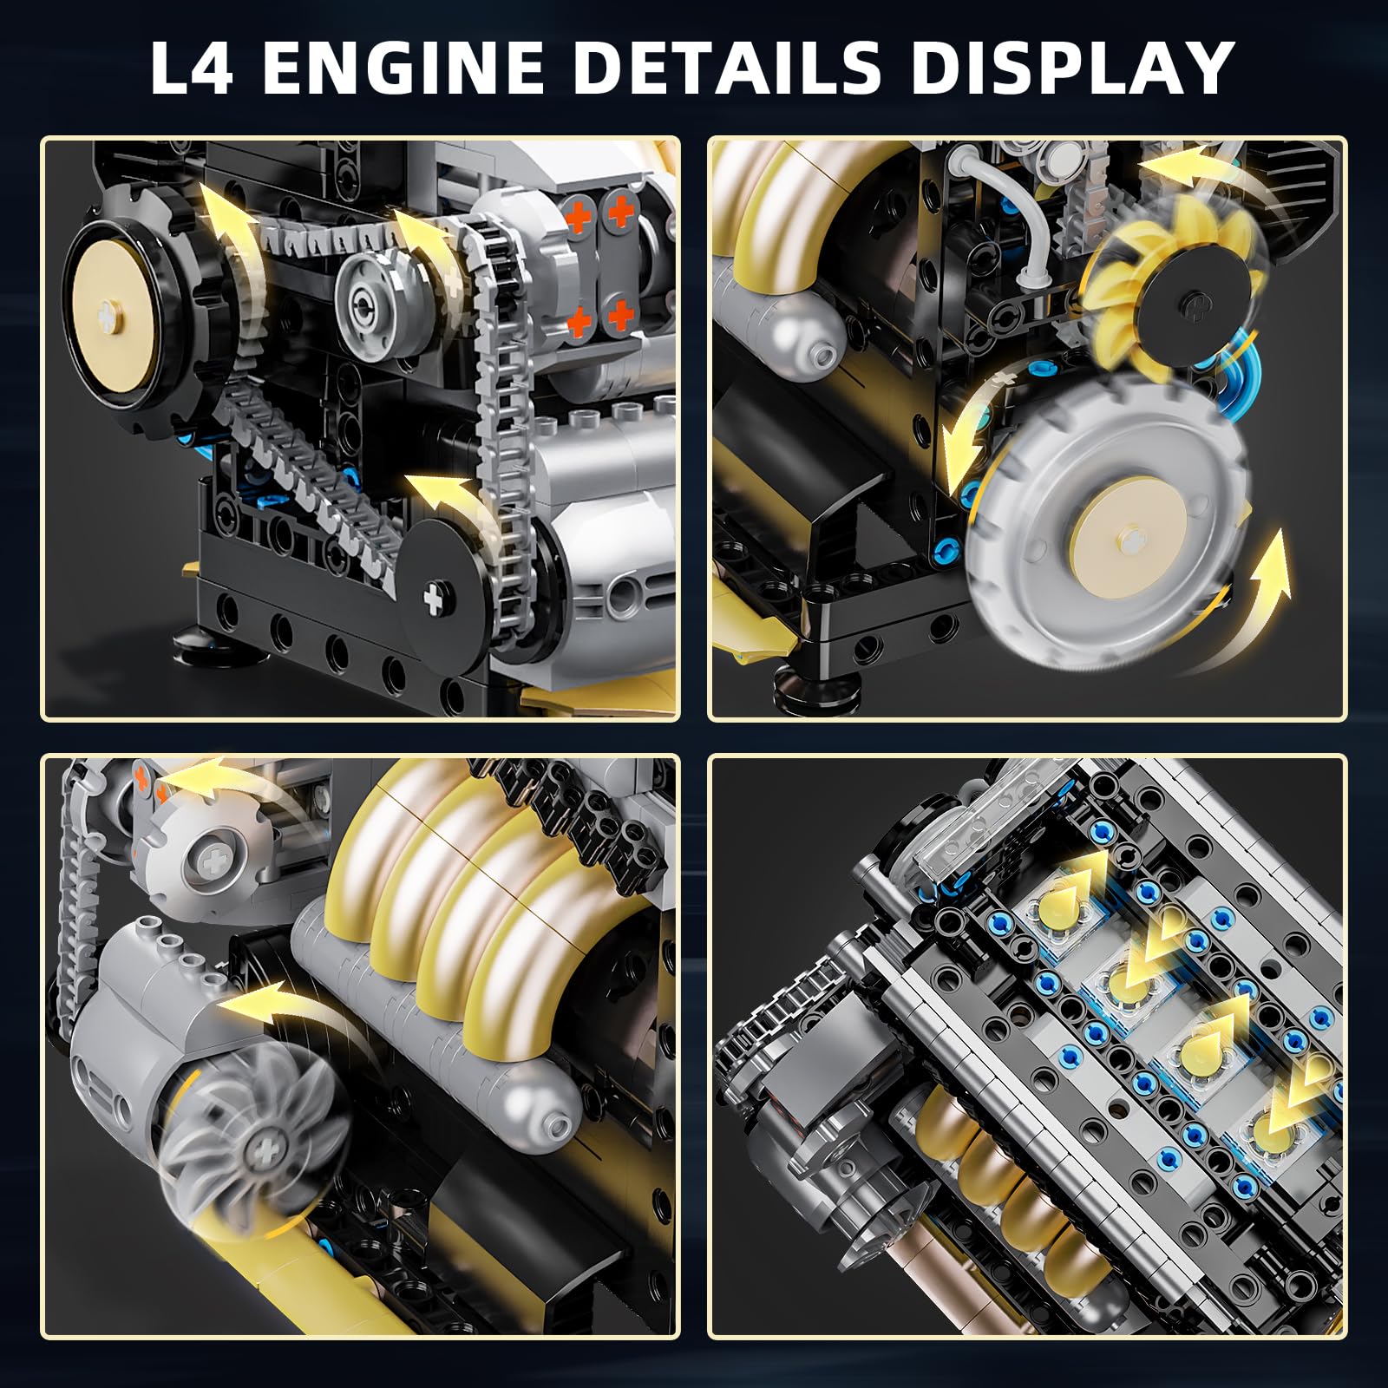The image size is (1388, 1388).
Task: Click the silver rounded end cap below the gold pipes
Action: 542,1114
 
